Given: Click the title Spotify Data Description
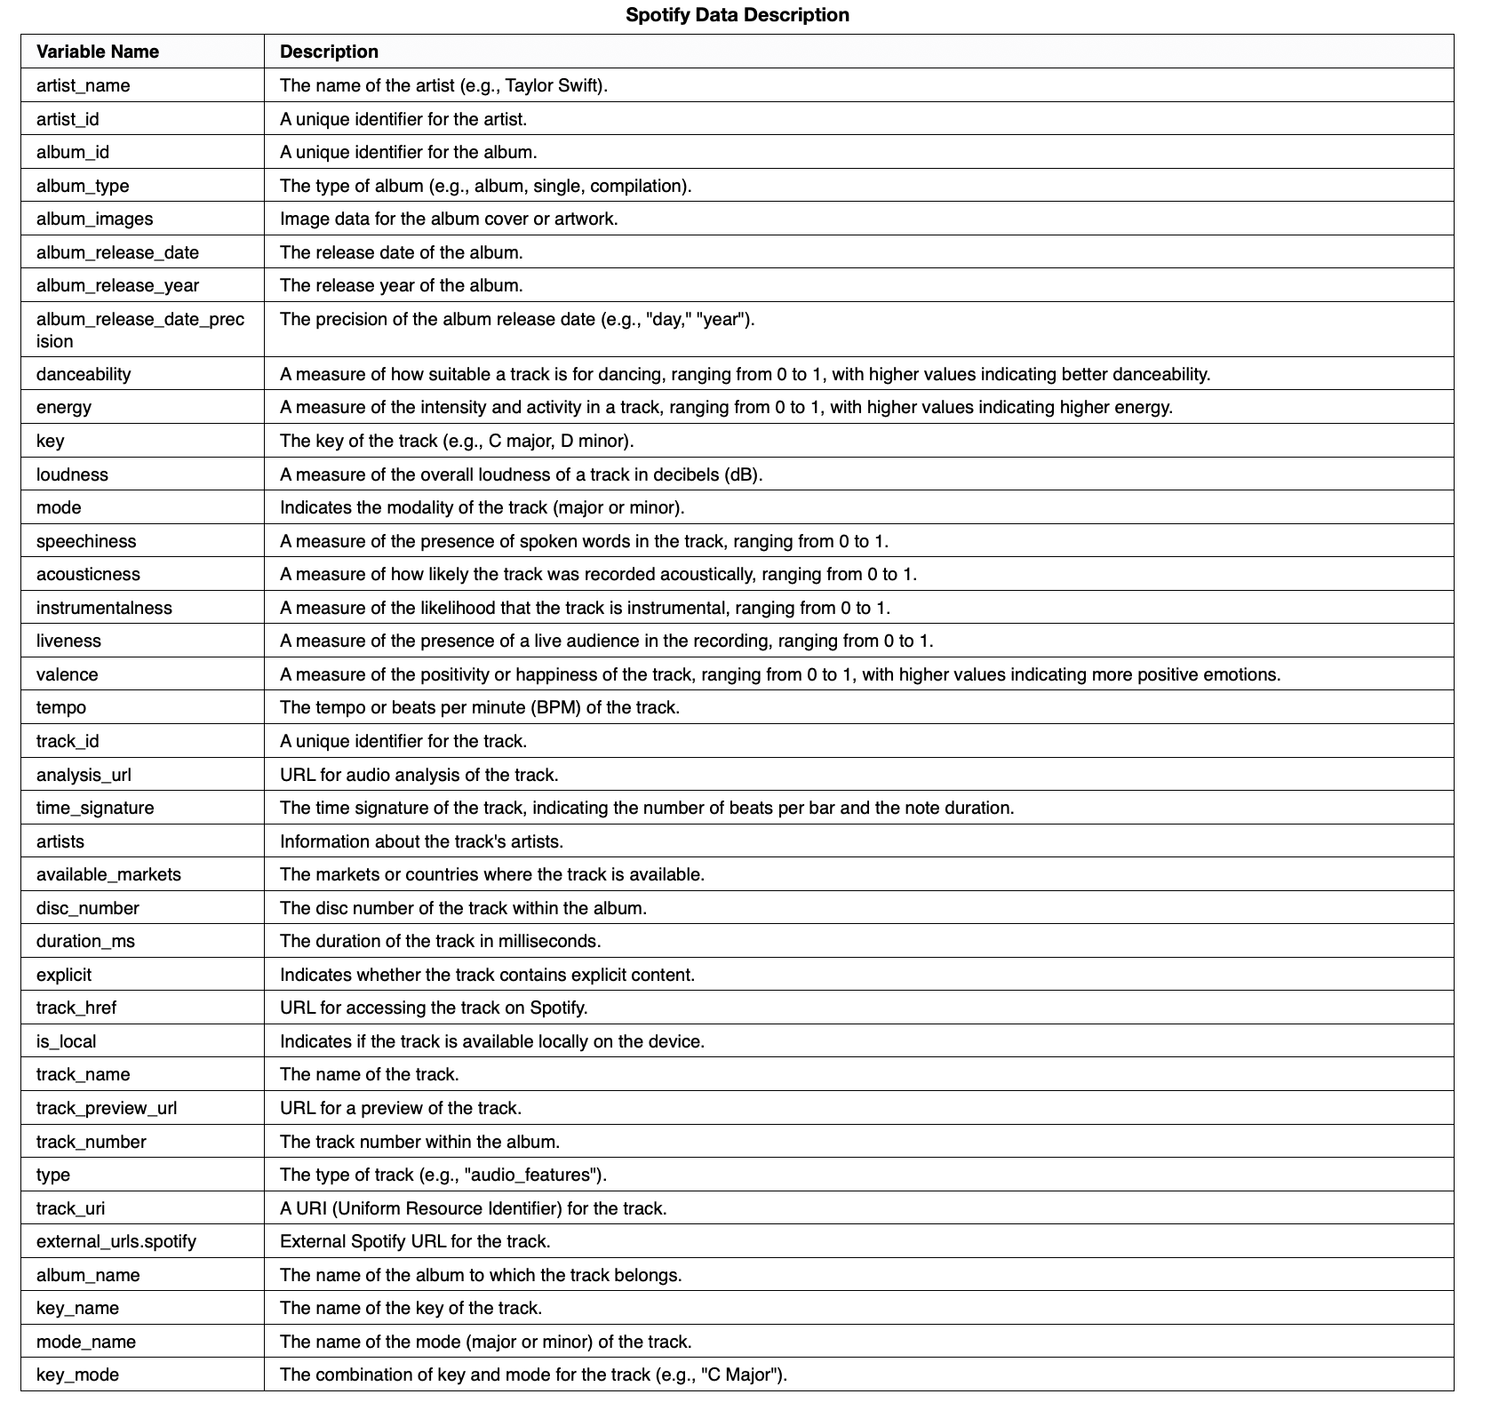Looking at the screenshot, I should [x=737, y=15].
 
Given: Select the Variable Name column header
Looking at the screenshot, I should [x=98, y=52].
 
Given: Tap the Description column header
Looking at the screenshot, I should [x=329, y=52].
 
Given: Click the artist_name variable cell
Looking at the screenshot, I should [x=83, y=85].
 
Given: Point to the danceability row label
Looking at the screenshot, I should [x=84, y=374].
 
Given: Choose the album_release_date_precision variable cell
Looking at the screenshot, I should [x=140, y=330].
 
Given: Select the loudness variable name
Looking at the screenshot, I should [x=72, y=474].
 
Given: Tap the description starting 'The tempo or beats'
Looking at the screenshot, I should [x=479, y=707].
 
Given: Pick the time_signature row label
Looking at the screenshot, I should [x=95, y=808].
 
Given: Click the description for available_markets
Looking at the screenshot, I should [x=491, y=874].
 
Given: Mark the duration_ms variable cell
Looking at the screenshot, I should [x=85, y=941].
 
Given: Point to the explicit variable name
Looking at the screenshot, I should [x=64, y=975].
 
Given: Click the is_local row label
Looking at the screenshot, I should [x=66, y=1041].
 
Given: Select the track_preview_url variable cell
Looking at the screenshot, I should [x=107, y=1108].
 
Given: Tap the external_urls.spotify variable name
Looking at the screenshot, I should [x=116, y=1241].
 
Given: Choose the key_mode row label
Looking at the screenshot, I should [x=77, y=1374].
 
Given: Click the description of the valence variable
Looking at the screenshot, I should [x=779, y=674].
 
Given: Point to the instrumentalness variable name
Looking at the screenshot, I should [x=104, y=608].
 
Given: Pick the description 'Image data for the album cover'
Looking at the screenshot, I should [x=448, y=219].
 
